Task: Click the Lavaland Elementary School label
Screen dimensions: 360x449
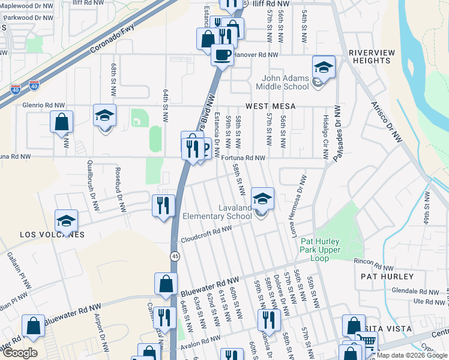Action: click(217, 212)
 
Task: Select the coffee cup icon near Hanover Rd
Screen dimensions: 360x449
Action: click(222, 55)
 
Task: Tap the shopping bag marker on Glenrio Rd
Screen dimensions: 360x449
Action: click(61, 122)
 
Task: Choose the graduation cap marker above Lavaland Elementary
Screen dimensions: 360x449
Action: click(262, 199)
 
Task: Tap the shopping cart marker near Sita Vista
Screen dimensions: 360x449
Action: click(367, 342)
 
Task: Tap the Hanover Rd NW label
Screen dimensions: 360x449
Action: click(256, 55)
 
